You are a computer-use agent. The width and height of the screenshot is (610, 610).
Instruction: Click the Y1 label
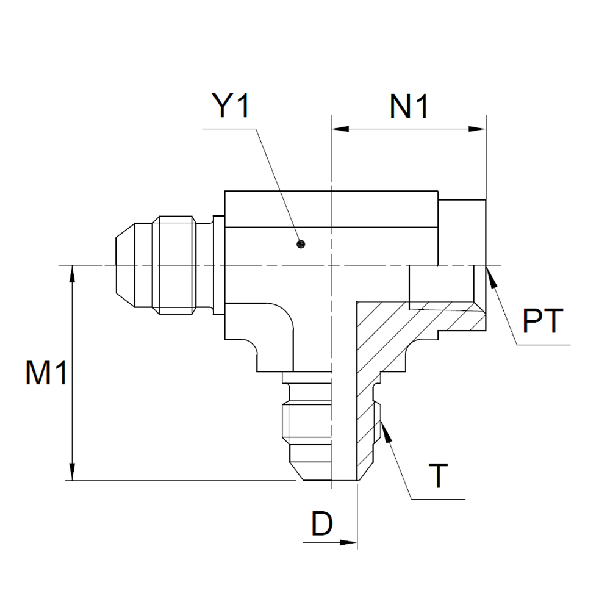point(231,106)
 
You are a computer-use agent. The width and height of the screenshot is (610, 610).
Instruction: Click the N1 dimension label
point(409,106)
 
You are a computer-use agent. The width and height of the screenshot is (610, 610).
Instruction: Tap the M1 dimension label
point(46,373)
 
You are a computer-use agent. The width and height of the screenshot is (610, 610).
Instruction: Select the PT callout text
point(542,321)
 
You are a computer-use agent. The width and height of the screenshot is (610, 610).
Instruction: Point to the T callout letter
point(439,475)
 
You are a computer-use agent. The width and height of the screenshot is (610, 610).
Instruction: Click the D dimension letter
point(321,523)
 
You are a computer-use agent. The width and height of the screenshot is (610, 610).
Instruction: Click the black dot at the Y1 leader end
point(300,245)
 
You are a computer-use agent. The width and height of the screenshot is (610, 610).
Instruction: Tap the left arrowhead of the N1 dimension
point(340,129)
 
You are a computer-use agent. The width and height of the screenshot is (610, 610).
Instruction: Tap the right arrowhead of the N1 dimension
point(477,129)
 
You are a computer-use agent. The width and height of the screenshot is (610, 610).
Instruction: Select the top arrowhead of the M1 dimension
point(72,273)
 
